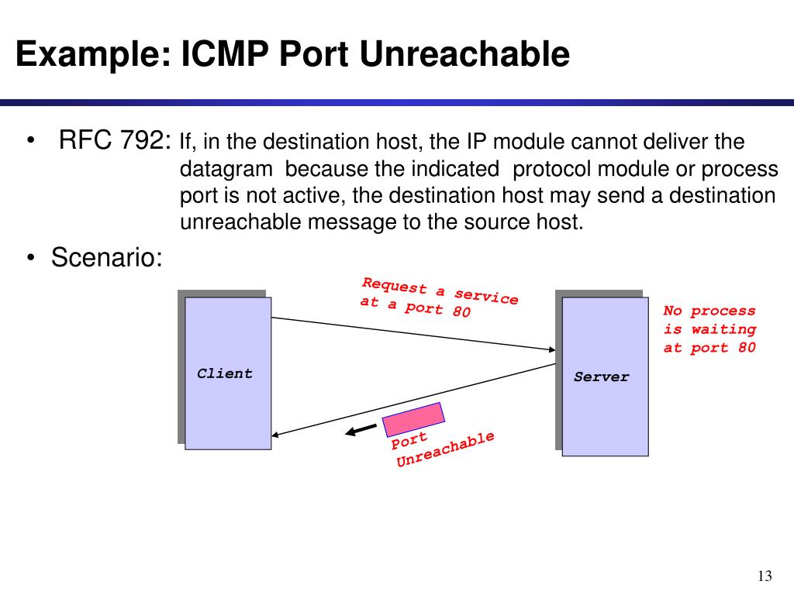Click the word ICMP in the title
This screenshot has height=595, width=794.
pyautogui.click(x=224, y=53)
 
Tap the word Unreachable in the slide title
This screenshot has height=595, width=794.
pyautogui.click(x=464, y=53)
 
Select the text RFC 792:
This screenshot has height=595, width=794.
pyautogui.click(x=115, y=139)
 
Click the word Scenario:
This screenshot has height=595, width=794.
pyautogui.click(x=107, y=257)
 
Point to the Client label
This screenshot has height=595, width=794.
pyautogui.click(x=225, y=373)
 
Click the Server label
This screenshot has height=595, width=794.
pyautogui.click(x=602, y=377)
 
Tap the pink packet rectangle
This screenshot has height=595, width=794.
pyautogui.click(x=413, y=419)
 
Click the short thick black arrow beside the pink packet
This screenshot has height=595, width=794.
pyautogui.click(x=361, y=430)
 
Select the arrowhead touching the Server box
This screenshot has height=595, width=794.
pyautogui.click(x=552, y=349)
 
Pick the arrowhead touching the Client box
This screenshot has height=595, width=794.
pyautogui.click(x=275, y=434)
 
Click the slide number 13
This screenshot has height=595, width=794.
pyautogui.click(x=765, y=576)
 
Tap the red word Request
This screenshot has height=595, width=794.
pyautogui.click(x=395, y=285)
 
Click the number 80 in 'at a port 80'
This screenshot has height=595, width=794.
pyautogui.click(x=461, y=311)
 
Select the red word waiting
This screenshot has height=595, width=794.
pyautogui.click(x=723, y=329)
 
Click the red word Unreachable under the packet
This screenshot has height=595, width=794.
pyautogui.click(x=445, y=449)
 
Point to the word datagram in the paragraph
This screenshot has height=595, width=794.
pyautogui.click(x=226, y=169)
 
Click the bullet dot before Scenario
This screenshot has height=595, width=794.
pyautogui.click(x=31, y=257)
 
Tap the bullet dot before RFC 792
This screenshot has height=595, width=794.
pyautogui.click(x=31, y=140)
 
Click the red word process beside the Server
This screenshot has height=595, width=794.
pyautogui.click(x=723, y=311)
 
